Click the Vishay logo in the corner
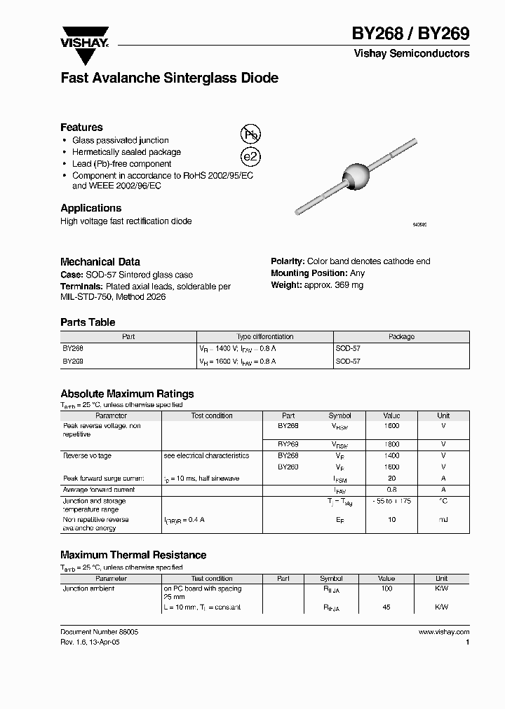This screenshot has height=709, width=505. pos(84,37)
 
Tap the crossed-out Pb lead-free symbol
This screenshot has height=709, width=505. pos(250,135)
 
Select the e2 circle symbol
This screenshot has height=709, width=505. pos(250,158)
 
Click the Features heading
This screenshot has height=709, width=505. pos(81,128)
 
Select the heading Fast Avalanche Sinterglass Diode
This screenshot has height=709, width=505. pos(169,78)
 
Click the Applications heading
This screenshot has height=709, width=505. pos(90,208)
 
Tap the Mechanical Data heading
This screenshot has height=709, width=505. pos(100,261)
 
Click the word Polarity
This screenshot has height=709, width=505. pos(287,261)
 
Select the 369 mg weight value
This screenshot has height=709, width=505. pos(349,285)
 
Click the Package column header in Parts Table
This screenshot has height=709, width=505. pos(401,337)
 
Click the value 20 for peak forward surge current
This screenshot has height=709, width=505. pos(392,479)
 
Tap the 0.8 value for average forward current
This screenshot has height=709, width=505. pos(392,490)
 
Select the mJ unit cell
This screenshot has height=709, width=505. pos(443,520)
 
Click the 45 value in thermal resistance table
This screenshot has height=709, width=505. pos(386,607)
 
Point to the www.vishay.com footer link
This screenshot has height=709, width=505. pos(443,632)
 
